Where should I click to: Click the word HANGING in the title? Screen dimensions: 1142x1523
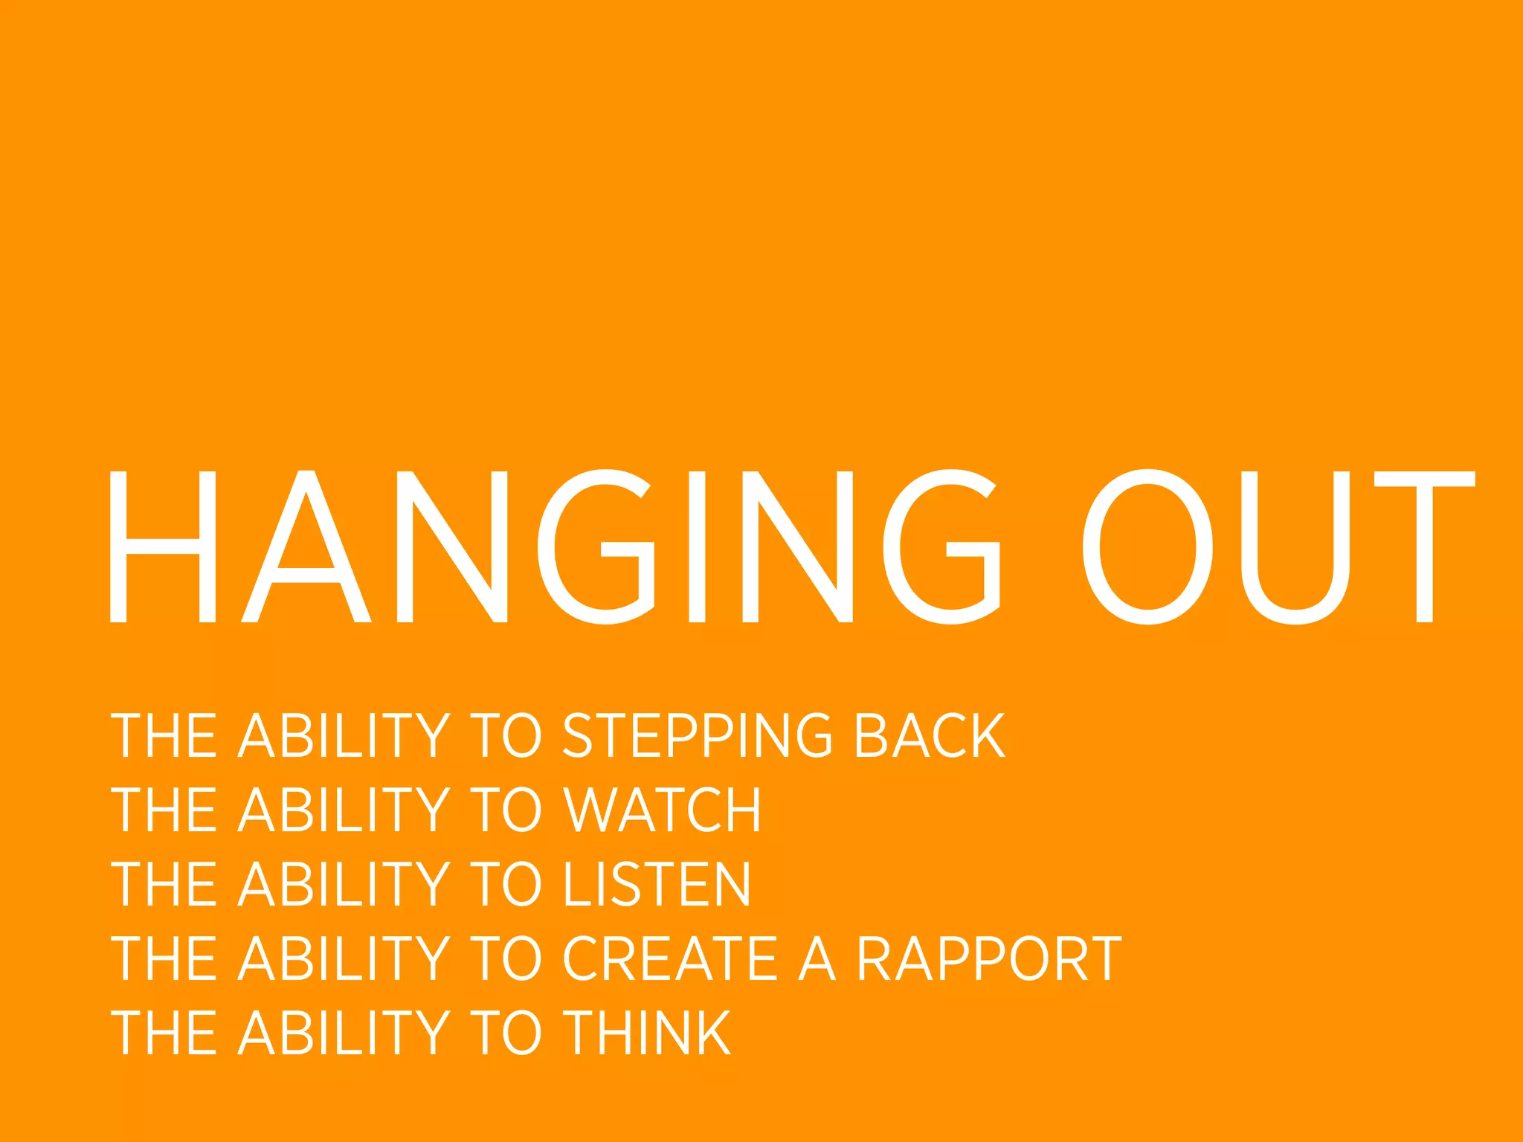554,546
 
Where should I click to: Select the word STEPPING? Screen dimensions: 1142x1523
697,736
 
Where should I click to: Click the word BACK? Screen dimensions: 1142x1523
929,736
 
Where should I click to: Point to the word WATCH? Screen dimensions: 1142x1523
662,810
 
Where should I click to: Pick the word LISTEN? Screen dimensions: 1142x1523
657,884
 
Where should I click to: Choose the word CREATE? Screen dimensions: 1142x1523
670,958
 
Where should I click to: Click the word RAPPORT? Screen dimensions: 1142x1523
988,958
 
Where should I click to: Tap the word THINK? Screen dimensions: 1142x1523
647,1033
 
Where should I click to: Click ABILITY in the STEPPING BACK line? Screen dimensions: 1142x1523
344,736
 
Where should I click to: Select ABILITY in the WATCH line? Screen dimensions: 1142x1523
344,810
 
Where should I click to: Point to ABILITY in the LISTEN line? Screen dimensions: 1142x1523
344,884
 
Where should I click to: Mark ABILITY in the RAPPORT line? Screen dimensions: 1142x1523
344,958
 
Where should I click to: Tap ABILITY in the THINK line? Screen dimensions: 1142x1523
344,1033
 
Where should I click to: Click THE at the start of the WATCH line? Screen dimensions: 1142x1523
164,810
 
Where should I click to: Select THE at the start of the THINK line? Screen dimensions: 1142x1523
164,1033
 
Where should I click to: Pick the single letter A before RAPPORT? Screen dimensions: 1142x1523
817,958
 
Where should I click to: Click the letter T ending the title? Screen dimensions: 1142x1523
1424,546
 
